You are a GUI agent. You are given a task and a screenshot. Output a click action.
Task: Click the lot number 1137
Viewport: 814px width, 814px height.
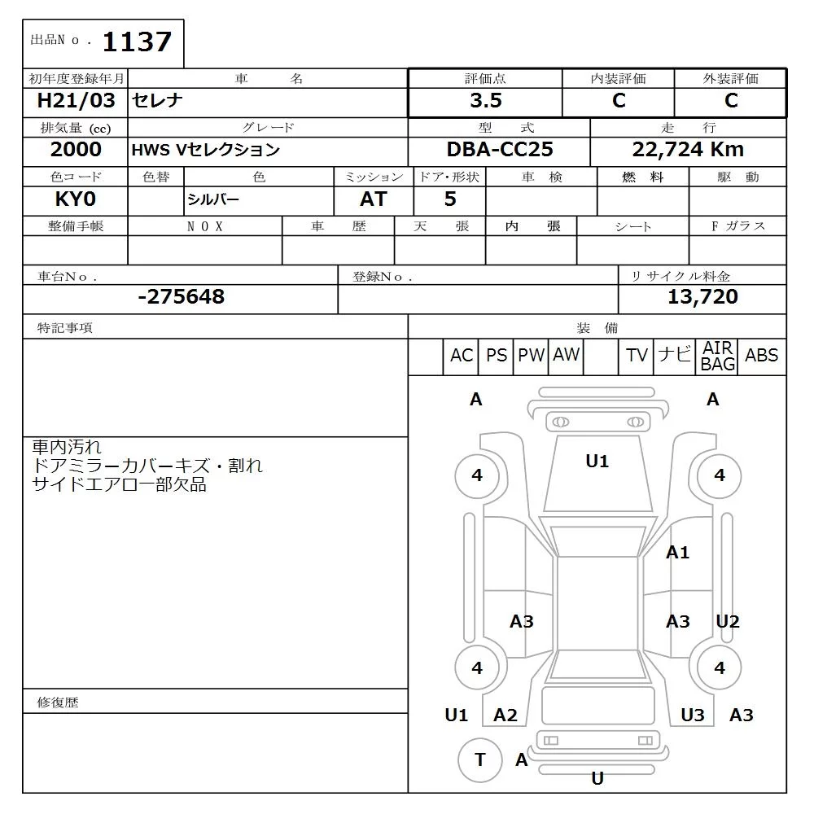coord(137,42)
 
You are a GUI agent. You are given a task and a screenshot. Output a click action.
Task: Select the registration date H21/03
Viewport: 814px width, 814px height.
coord(77,101)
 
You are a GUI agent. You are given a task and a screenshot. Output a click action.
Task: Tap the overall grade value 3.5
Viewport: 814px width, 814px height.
coord(485,101)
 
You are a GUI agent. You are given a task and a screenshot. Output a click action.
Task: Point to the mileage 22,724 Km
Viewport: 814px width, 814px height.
coord(688,150)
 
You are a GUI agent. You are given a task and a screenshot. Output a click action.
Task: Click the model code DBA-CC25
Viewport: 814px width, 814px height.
coord(499,150)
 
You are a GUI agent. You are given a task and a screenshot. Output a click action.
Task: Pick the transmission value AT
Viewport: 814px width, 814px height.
coord(373,199)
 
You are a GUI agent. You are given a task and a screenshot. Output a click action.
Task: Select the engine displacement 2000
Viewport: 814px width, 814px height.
coord(76,150)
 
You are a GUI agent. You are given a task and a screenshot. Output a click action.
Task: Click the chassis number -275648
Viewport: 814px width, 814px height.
coord(181,297)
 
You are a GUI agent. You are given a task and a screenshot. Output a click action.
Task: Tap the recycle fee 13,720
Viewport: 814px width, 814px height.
coord(702,297)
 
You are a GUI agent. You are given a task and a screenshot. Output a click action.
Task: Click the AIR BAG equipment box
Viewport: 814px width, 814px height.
coord(717,357)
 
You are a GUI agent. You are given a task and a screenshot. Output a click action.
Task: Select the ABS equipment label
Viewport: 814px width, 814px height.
coord(761,356)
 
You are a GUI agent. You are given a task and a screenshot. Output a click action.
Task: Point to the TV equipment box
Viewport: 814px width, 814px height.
coord(637,356)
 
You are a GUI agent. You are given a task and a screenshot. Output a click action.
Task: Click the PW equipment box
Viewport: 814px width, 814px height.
coord(531,356)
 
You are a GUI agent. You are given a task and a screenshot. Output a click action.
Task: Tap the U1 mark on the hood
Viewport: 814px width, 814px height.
coord(597,462)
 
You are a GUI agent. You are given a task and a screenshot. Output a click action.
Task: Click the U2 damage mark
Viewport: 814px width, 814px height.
coord(727,622)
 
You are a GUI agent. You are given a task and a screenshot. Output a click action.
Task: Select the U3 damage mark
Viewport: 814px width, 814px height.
coord(692,715)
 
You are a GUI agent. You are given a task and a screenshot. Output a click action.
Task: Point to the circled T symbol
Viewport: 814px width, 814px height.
coord(480,759)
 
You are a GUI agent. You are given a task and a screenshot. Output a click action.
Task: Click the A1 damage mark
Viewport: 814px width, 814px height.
coord(677,553)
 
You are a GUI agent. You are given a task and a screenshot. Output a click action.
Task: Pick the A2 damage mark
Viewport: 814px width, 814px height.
coord(505,715)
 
